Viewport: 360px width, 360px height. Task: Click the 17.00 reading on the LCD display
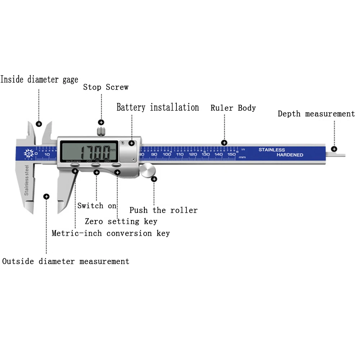pyautogui.click(x=94, y=152)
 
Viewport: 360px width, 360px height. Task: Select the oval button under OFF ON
pyautogui.click(x=95, y=165)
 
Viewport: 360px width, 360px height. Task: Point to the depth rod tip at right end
pyautogui.click(x=342, y=155)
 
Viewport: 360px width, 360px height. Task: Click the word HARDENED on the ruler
pyautogui.click(x=290, y=155)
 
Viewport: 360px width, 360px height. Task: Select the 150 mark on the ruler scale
pyautogui.click(x=231, y=154)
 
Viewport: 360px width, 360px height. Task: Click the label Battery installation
pyautogui.click(x=158, y=107)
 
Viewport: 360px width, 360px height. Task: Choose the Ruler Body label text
pyautogui.click(x=233, y=108)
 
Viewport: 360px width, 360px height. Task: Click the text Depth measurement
pyautogui.click(x=316, y=114)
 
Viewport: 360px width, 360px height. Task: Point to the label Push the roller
pyautogui.click(x=163, y=210)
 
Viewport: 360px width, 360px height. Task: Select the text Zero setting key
pyautogui.click(x=121, y=221)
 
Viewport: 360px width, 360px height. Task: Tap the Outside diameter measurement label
pyautogui.click(x=66, y=261)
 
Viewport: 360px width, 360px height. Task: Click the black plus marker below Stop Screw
pyautogui.click(x=101, y=122)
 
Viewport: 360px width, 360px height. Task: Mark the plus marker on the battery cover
pyautogui.click(x=132, y=143)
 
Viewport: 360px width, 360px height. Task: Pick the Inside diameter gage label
pyautogui.click(x=39, y=80)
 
